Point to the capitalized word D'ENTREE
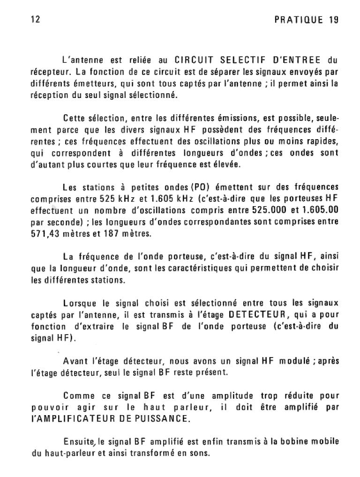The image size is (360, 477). (x=297, y=60)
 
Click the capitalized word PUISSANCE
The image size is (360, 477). (x=162, y=418)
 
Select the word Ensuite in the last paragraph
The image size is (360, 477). (x=78, y=441)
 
